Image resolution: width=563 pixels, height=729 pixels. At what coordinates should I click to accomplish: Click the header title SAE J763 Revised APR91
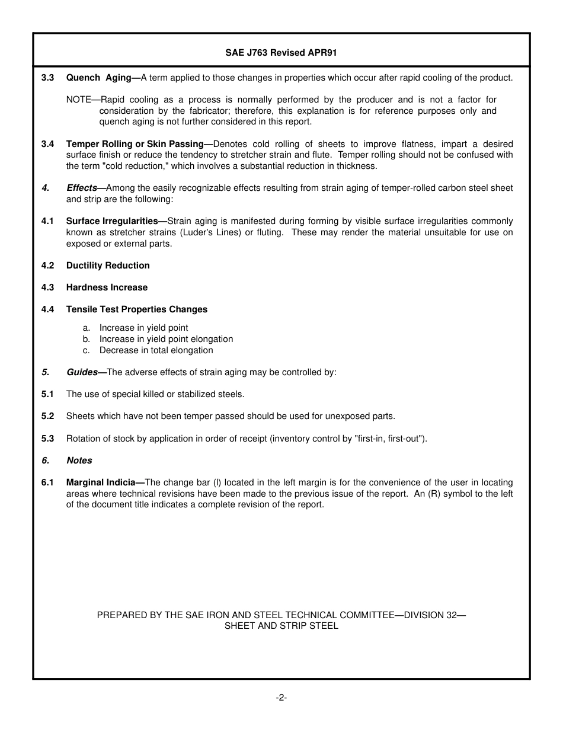pos(281,53)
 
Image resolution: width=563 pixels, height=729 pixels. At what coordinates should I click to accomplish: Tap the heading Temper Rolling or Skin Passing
pos(135,144)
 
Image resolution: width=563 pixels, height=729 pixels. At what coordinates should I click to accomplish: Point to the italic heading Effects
pos(82,188)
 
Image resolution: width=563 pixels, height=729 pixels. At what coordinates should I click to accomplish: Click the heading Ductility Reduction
pos(108,266)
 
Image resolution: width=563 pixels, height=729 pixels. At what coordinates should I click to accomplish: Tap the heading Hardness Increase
pos(107,287)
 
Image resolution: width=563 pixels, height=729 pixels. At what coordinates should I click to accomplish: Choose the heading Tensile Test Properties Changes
pos(137,309)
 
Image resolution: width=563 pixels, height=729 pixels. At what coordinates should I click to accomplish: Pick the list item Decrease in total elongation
pos(156,350)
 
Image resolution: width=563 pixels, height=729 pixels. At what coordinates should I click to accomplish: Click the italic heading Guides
pos(82,372)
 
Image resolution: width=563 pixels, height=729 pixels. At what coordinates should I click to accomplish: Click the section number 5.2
pos(47,416)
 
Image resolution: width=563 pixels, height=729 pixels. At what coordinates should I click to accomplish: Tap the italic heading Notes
pos(79,461)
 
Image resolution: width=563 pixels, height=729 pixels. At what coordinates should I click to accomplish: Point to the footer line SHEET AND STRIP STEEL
pos(281,626)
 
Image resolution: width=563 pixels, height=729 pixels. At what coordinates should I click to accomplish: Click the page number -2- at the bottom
pos(281,698)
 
